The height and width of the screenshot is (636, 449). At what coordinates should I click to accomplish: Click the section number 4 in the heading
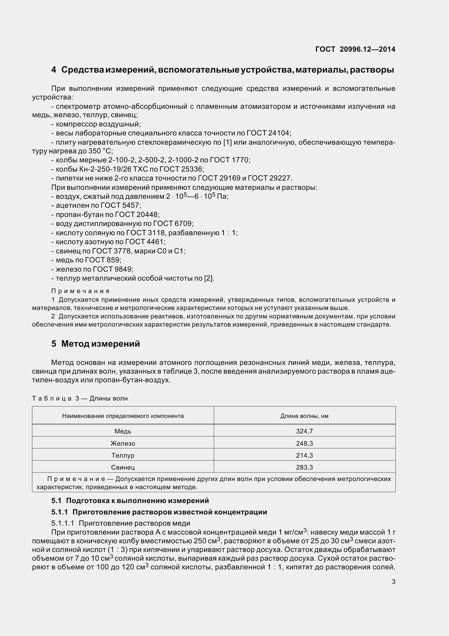click(x=54, y=70)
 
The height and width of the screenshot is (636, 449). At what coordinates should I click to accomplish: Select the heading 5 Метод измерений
click(x=95, y=344)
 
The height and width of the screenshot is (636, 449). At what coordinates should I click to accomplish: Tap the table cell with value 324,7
click(x=304, y=431)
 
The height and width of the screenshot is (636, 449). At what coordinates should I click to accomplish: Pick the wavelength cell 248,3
click(x=304, y=443)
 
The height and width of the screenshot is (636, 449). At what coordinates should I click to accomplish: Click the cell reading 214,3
click(x=304, y=455)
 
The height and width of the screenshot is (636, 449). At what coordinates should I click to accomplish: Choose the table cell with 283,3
click(x=304, y=467)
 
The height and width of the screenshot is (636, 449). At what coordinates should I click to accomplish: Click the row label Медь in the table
click(x=123, y=431)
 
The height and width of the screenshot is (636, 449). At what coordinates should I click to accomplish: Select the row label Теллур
click(x=123, y=455)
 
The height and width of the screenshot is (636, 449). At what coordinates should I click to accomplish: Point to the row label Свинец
click(x=123, y=467)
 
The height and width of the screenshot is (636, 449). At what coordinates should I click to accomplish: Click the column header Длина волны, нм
click(x=304, y=416)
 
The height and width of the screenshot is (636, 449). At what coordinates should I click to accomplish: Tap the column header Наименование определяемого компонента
click(x=123, y=416)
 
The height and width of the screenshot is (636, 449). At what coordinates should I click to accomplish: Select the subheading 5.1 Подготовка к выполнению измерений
click(x=130, y=501)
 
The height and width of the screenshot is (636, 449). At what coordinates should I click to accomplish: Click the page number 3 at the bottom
click(x=393, y=582)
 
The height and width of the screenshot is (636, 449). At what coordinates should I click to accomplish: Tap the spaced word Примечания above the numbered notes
click(x=80, y=291)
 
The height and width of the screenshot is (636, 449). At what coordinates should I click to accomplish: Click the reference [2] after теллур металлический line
click(x=209, y=278)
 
